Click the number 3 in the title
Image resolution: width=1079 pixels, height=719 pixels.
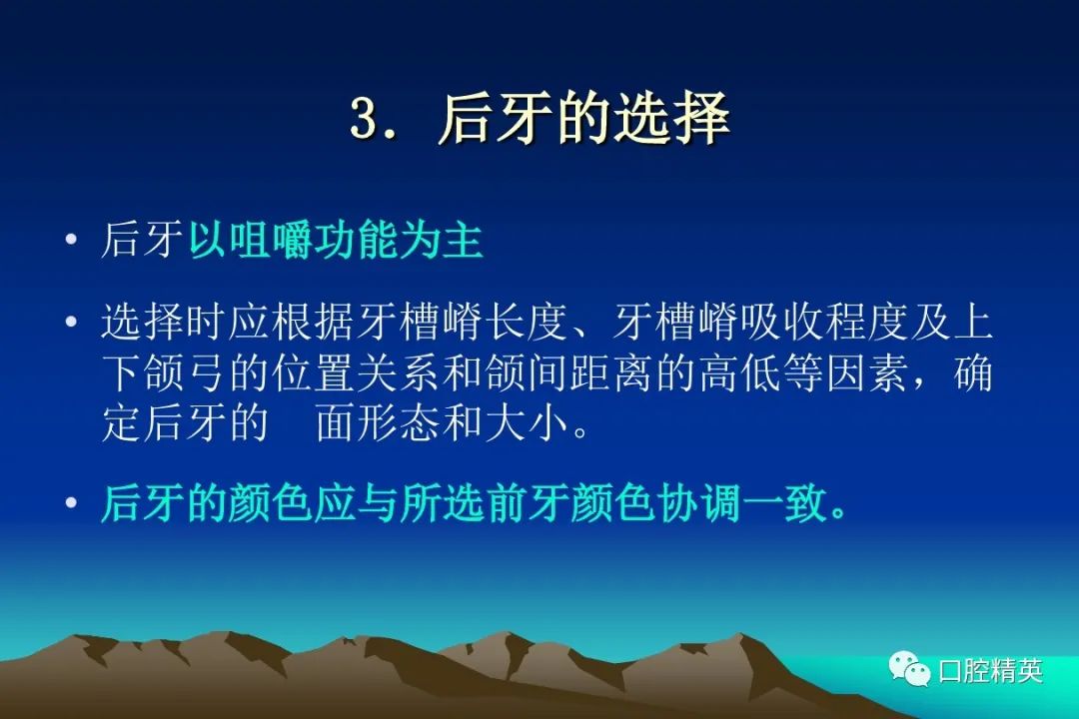pyautogui.click(x=364, y=119)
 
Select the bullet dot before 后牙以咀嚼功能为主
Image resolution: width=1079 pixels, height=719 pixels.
pyautogui.click(x=72, y=240)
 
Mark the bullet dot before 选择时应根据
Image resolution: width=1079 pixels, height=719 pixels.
pyautogui.click(x=72, y=322)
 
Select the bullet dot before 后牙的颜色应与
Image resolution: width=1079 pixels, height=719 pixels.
pyautogui.click(x=72, y=503)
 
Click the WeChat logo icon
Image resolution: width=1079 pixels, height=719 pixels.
pyautogui.click(x=910, y=668)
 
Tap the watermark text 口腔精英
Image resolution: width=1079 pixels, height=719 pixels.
pyautogui.click(x=991, y=670)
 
